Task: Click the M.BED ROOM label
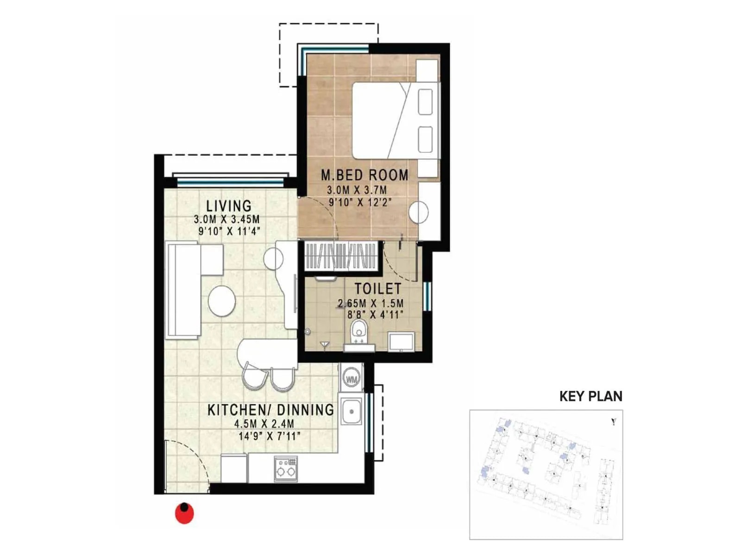(364, 175)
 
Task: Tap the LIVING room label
(229, 206)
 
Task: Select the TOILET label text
(377, 289)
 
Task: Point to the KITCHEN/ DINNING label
(270, 410)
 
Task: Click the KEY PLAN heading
(590, 396)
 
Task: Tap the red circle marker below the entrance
(184, 513)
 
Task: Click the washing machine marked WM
(352, 379)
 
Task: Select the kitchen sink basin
(352, 411)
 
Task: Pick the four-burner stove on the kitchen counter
(286, 468)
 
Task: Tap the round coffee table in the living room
(222, 301)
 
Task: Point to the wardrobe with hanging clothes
(340, 256)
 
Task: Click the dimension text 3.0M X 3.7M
(357, 190)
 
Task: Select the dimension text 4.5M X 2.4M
(264, 423)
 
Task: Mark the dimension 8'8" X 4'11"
(375, 315)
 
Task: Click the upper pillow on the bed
(425, 102)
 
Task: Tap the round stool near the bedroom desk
(419, 212)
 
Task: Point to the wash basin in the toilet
(401, 341)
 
